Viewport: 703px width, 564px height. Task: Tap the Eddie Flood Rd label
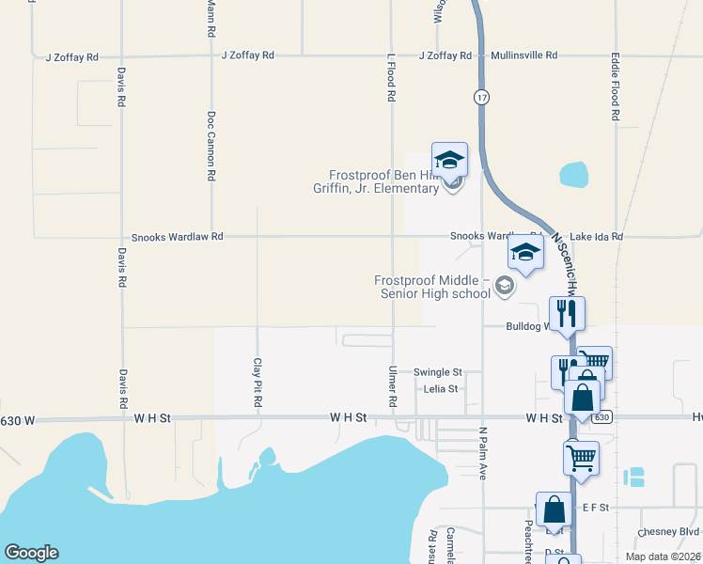(x=616, y=86)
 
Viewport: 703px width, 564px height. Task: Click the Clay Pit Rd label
(x=257, y=382)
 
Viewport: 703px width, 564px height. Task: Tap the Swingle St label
(x=438, y=372)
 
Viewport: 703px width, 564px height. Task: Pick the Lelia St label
(x=440, y=388)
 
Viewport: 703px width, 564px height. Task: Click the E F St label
(x=596, y=508)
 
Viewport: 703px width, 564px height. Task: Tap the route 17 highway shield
(x=481, y=97)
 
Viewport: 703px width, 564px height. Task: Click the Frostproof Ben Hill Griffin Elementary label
(x=383, y=181)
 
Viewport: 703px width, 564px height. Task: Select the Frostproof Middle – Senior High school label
(x=432, y=287)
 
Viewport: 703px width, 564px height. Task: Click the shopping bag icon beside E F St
(x=554, y=509)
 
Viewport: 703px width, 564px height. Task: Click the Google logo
(x=31, y=553)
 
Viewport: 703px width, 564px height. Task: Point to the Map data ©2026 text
(x=662, y=556)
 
